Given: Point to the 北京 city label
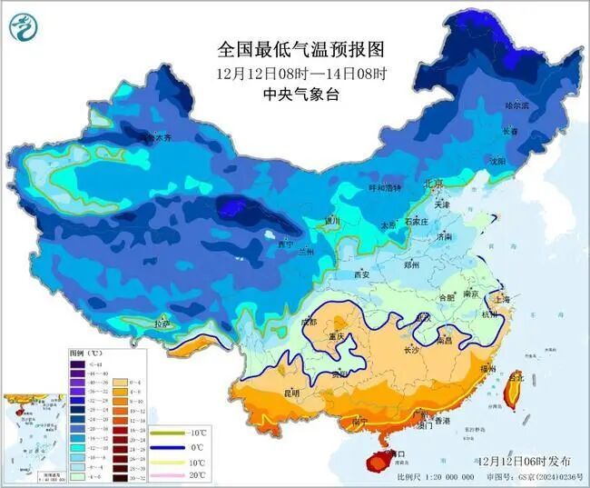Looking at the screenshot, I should (434, 184).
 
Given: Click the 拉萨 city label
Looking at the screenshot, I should (162, 323).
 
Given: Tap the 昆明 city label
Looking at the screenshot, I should (291, 393).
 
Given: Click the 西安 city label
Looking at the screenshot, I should (361, 274).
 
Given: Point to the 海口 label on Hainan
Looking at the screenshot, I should (396, 452).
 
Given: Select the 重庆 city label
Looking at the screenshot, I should (338, 337).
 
